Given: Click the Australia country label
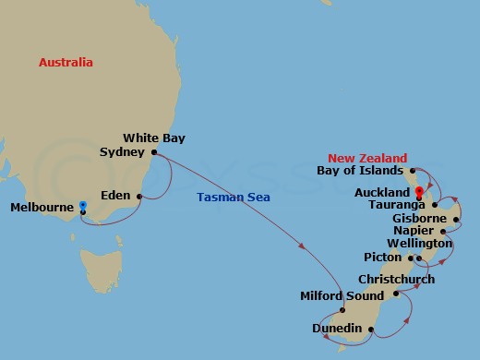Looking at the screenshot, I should click(66, 62).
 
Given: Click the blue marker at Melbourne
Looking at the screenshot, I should click(82, 206).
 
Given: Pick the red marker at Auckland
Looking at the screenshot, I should click(419, 194).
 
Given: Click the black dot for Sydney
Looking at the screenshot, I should click(154, 152).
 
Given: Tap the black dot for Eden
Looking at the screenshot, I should click(139, 196).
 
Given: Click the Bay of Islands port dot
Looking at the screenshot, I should click(411, 171).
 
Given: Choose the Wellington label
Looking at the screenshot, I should click(419, 243).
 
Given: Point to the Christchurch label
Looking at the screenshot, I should click(396, 279).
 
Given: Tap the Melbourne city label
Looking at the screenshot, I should click(42, 208).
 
